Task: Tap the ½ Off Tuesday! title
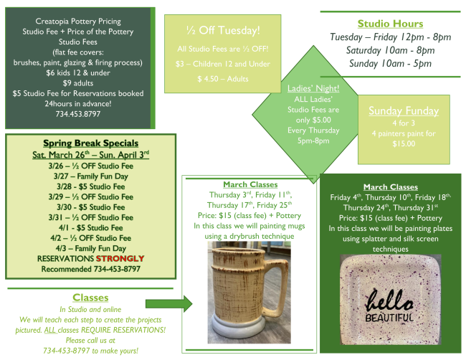pos(219,30)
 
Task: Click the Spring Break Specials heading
pos(90,143)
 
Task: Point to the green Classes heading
pos(90,297)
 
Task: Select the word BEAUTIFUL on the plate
pos(391,316)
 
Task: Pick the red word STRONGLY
pos(119,258)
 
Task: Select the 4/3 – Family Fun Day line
pos(90,248)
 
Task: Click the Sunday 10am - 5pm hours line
pos(390,63)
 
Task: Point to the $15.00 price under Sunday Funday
pos(403,143)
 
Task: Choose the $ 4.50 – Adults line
pos(218,77)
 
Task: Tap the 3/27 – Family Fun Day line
pos(90,175)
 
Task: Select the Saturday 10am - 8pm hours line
pos(390,50)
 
